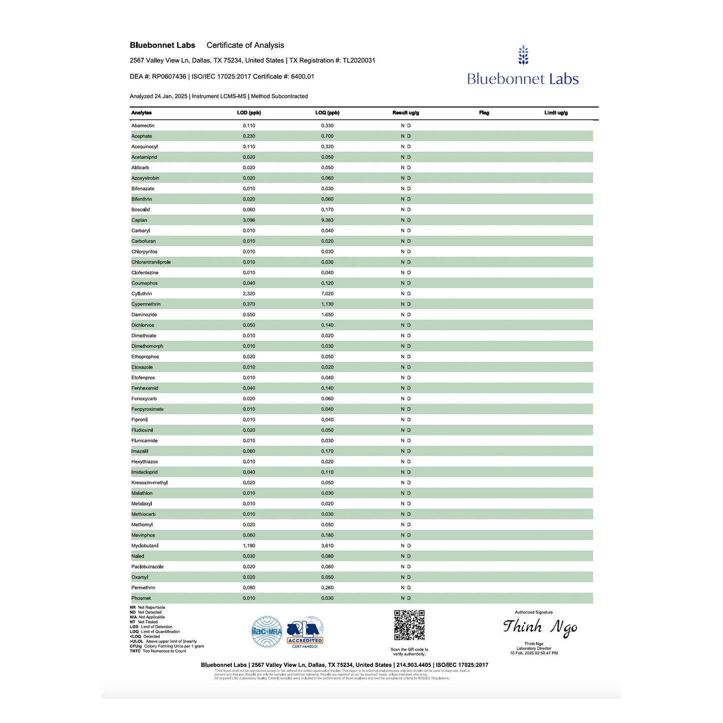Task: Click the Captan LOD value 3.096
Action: point(249,220)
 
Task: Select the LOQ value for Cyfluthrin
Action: point(327,294)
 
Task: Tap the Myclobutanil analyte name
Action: point(145,546)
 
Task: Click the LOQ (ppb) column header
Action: point(327,113)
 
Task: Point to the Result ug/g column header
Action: point(406,113)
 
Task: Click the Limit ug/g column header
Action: point(556,113)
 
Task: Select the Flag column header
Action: point(484,113)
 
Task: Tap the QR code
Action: point(409,625)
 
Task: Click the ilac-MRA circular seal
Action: point(267,632)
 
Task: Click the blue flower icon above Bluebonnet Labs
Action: point(523,55)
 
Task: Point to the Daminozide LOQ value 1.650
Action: point(327,315)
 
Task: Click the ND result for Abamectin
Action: point(406,126)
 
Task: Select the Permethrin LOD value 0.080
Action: point(249,588)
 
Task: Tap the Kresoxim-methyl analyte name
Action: point(149,483)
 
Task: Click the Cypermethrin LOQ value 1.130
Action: point(327,304)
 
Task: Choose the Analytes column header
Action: point(141,113)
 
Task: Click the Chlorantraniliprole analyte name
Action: point(151,262)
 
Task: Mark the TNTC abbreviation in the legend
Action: point(135,651)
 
